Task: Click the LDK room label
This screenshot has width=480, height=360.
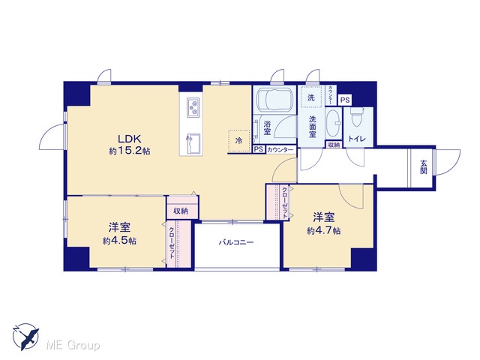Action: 130,139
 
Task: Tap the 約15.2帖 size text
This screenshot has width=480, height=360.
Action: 130,151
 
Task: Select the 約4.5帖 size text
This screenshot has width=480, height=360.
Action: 119,241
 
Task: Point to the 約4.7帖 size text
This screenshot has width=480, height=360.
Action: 323,230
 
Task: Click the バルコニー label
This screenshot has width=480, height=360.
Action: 236,242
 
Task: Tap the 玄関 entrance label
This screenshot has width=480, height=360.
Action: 423,166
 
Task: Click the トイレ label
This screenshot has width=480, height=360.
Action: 357,139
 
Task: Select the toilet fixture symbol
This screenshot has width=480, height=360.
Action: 356,117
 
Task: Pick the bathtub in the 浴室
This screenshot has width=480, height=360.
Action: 275,100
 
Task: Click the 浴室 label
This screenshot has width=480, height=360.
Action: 267,128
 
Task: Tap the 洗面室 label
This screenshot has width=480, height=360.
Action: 312,127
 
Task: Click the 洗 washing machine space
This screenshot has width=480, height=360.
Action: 311,97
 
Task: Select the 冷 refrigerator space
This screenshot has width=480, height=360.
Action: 238,141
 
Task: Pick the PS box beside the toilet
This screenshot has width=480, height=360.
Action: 345,100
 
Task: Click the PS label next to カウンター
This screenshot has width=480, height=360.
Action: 259,149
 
